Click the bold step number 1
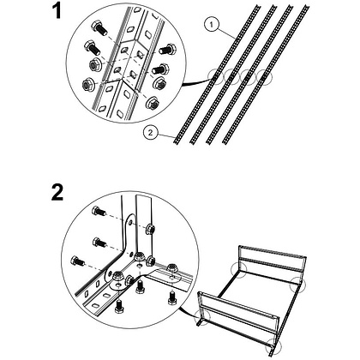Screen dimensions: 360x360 click(57, 11)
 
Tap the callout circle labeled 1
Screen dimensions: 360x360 click(212, 25)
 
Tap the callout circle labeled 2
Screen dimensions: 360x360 click(151, 132)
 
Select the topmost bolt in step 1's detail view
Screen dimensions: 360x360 click(99, 28)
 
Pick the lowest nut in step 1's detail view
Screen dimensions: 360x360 click(152, 103)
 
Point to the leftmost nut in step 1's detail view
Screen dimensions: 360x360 click(87, 85)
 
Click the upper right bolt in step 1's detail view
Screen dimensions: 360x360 click(166, 50)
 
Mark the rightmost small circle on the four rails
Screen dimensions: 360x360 click(264, 77)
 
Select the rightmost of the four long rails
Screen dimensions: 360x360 click(267, 74)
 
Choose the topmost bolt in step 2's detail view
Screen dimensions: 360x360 click(99, 212)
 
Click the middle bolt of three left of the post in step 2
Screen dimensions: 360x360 click(99, 243)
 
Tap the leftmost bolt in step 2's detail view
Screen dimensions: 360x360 click(78, 261)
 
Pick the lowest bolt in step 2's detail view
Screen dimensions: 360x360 click(119, 307)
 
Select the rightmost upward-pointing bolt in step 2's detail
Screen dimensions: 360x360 click(172, 297)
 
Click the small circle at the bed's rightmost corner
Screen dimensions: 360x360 click(297, 284)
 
